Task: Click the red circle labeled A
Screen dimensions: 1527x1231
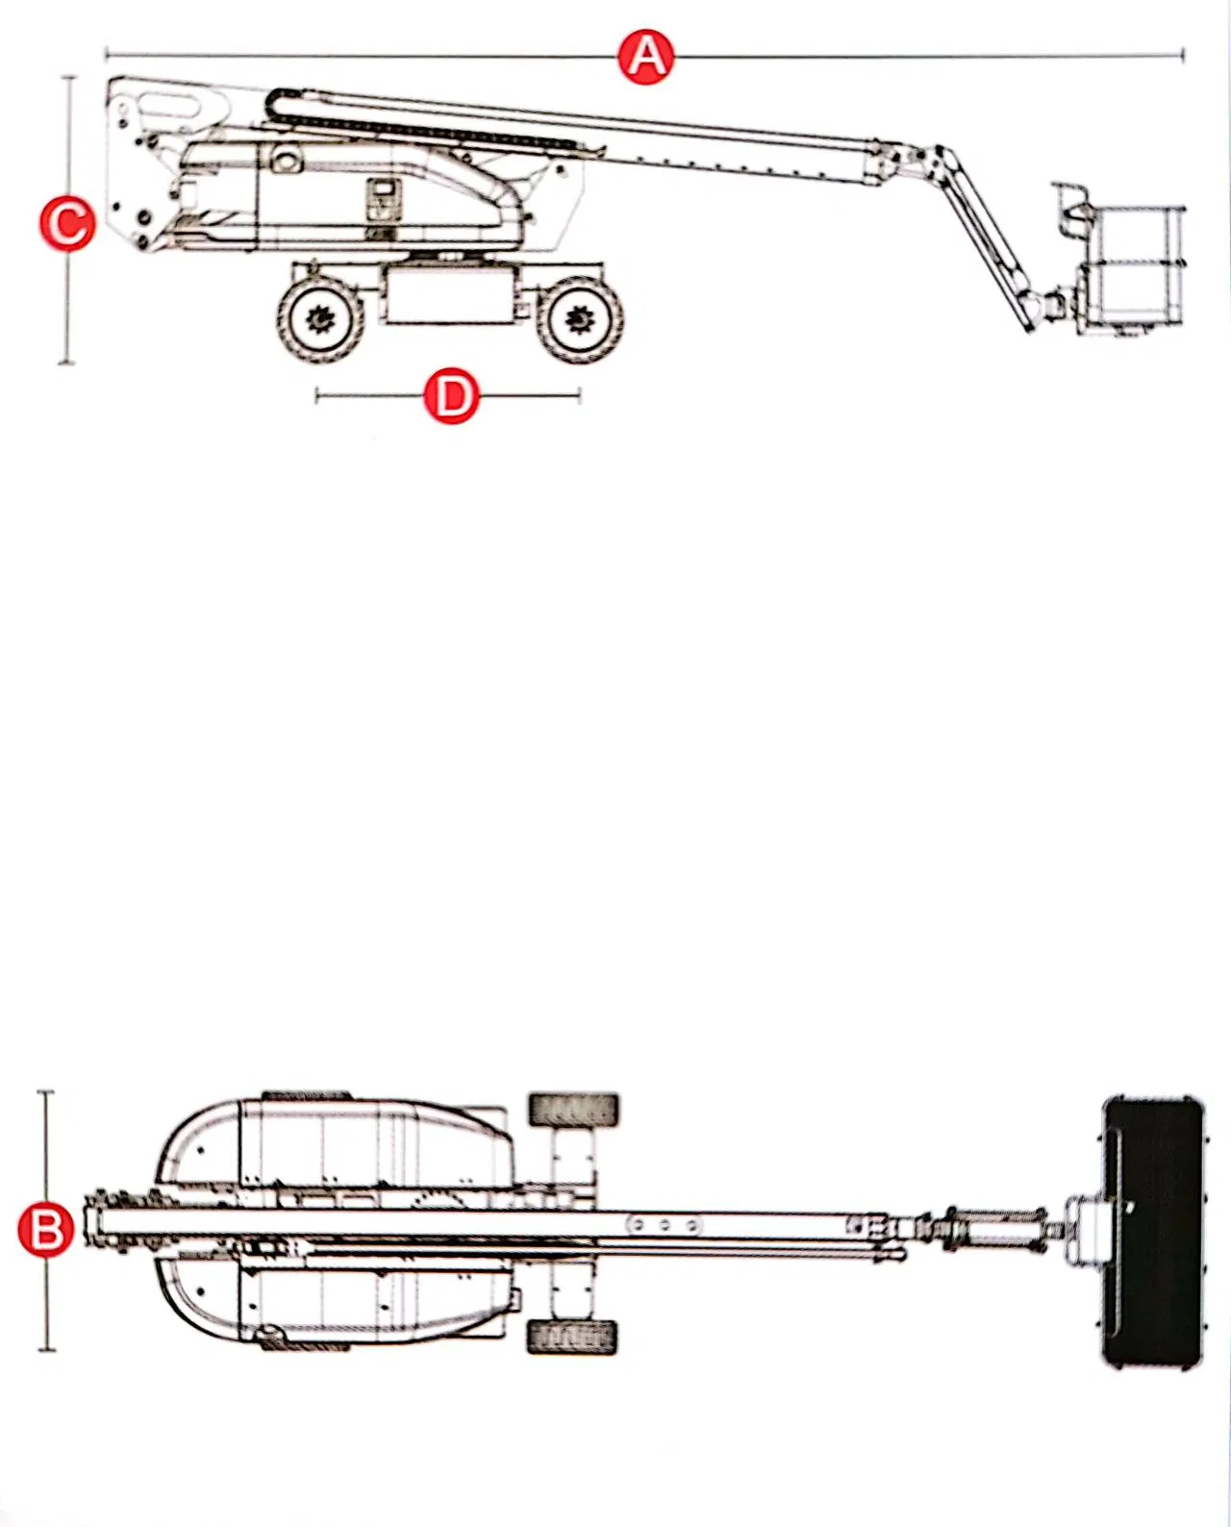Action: click(646, 57)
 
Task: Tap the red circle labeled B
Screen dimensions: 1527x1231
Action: click(46, 1230)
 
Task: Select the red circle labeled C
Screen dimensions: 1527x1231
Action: click(67, 223)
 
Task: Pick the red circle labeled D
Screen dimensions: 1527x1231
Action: click(451, 395)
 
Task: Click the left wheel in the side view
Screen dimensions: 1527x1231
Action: click(320, 319)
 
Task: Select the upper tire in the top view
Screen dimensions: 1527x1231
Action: click(573, 1110)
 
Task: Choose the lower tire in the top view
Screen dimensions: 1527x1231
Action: click(572, 1337)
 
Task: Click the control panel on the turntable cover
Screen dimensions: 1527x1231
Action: click(384, 201)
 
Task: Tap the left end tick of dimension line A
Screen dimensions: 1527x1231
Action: click(106, 55)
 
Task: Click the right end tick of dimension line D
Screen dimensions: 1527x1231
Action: click(580, 394)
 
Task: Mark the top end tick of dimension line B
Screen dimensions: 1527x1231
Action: click(45, 1092)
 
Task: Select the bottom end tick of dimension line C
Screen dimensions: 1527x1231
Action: click(66, 363)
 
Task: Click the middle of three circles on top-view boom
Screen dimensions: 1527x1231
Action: click(664, 1225)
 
